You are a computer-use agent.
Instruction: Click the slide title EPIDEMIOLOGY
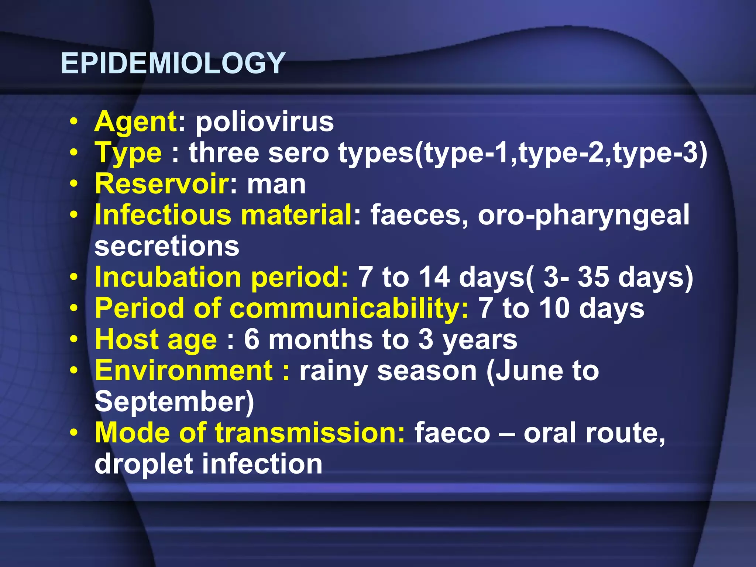tap(173, 63)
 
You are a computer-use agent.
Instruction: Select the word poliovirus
tap(264, 121)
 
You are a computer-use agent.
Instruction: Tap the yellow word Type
tap(128, 153)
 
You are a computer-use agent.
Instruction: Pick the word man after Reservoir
tap(276, 184)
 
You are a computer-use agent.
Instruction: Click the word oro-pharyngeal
tap(583, 216)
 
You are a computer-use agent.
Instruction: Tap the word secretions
tap(167, 246)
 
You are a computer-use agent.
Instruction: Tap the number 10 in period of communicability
tap(554, 308)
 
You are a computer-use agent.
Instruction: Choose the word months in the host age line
tap(320, 340)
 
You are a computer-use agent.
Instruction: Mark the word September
tap(174, 402)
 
